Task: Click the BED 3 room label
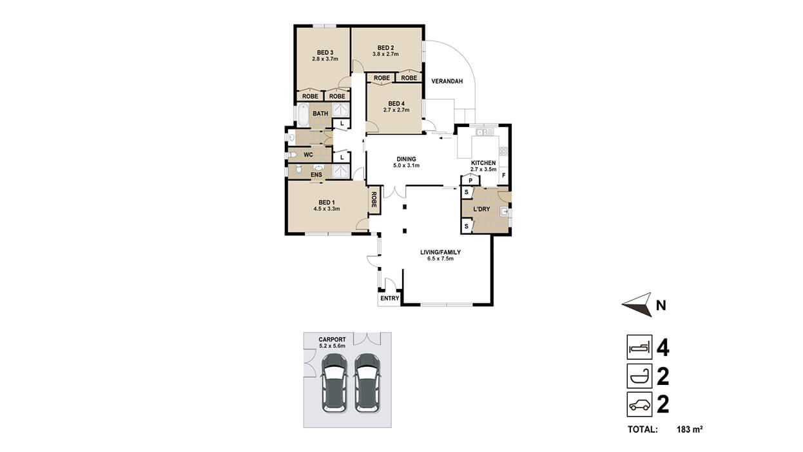click(325, 53)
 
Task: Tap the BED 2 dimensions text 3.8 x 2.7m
click(385, 54)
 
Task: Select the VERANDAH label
click(447, 81)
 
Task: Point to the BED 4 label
click(396, 104)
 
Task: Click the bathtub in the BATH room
click(304, 115)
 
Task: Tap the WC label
click(308, 155)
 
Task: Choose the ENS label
click(316, 175)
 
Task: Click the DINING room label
click(406, 159)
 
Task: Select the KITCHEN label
click(483, 163)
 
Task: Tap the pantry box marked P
click(470, 181)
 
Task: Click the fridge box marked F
click(504, 176)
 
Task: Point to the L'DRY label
click(481, 209)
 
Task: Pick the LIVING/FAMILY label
click(440, 252)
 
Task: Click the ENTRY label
click(390, 299)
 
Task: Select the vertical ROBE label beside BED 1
click(374, 200)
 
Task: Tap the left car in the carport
click(334, 383)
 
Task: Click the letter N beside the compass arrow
click(661, 306)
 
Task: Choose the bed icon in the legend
click(639, 348)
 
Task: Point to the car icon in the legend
click(639, 405)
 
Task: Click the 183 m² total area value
click(690, 429)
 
